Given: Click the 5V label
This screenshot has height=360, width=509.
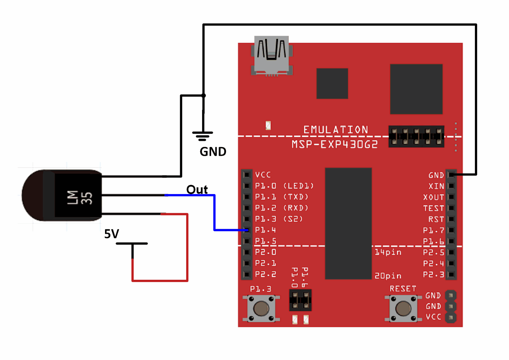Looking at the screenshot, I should [111, 234].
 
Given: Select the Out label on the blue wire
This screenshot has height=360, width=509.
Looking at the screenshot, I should [197, 190].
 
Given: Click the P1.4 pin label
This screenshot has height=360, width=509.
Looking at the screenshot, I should [265, 230].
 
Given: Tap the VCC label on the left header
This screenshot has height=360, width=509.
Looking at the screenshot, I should [263, 175].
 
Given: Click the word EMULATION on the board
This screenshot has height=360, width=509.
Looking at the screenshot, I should [336, 130].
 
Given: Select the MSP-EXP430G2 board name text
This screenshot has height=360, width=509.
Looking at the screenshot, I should [335, 145].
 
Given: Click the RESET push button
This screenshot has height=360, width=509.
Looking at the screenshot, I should [403, 308].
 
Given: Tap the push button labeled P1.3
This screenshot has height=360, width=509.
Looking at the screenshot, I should [261, 308].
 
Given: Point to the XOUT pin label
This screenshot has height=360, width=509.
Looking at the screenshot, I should [433, 197].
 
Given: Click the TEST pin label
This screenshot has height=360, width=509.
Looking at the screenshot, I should [433, 208].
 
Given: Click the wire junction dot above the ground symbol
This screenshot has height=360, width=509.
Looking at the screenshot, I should [204, 96].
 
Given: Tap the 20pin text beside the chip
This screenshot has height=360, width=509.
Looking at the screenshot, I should [388, 276].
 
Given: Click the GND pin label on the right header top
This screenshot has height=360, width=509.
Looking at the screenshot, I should [436, 175].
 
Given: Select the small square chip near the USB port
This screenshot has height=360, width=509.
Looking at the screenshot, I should [332, 83].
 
